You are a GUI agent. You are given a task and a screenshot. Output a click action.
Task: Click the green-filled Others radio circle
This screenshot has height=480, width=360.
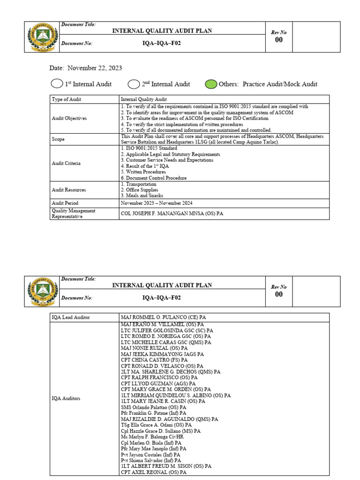(211, 84)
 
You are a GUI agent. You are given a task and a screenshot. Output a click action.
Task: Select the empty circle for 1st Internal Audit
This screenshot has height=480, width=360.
(57, 84)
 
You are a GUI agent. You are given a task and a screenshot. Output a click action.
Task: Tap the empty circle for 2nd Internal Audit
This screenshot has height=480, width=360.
(134, 84)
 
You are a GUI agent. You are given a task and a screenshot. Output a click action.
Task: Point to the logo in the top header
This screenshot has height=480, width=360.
(42, 37)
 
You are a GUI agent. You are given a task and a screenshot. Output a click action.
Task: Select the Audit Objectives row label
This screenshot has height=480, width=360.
(69, 119)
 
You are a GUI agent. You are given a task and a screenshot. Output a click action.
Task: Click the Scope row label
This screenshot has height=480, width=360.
(58, 139)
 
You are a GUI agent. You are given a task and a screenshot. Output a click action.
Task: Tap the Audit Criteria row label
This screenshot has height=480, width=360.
(66, 163)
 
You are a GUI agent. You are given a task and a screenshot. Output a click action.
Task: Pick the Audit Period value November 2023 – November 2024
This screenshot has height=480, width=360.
(157, 203)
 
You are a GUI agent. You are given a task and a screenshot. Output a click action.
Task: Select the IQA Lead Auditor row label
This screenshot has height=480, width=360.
(71, 317)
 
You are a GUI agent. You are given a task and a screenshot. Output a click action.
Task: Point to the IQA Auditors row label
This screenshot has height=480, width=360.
(66, 398)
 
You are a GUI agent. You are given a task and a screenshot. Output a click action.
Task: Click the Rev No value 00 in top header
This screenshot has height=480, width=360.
(279, 40)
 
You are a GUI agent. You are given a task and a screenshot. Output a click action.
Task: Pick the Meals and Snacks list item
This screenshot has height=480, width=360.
(142, 195)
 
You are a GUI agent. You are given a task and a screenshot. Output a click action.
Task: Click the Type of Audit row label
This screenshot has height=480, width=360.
(67, 99)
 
